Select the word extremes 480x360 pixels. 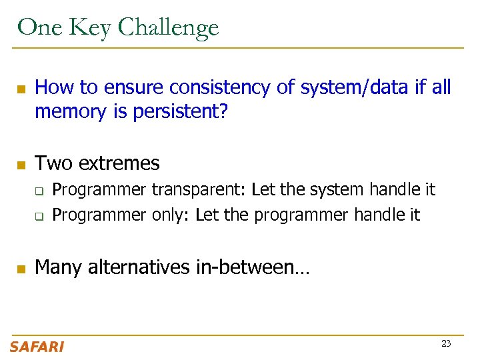tap(119, 163)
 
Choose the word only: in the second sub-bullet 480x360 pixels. tap(171, 215)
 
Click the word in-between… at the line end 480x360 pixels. tap(253, 267)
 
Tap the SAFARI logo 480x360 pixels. tap(37, 347)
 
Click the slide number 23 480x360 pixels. tap(446, 344)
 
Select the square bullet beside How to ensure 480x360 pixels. tap(20, 89)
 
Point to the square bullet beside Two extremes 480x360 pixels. tap(20, 164)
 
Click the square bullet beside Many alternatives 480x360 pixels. tap(20, 269)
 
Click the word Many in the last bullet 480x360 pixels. tap(59, 267)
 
